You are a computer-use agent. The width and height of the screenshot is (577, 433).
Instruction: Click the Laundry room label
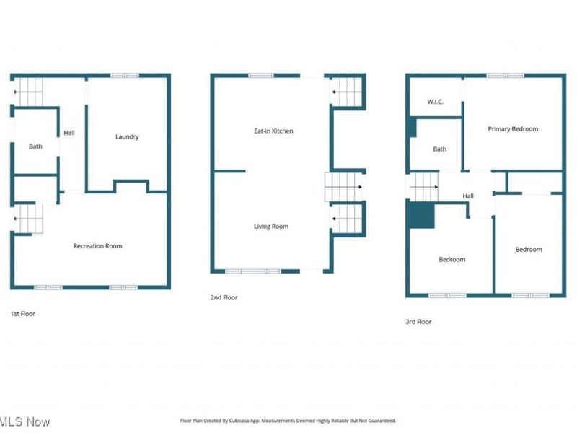coord(127,136)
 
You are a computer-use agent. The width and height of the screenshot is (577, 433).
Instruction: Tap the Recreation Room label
coord(97,246)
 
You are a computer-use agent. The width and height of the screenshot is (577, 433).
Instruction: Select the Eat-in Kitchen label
coord(273,131)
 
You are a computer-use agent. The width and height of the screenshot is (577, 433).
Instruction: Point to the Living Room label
coord(271,227)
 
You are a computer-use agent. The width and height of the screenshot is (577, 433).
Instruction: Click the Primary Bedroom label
coord(513,129)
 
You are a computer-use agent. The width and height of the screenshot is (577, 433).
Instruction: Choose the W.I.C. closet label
coord(435,102)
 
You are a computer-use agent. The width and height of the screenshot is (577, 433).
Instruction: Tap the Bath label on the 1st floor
coord(35,146)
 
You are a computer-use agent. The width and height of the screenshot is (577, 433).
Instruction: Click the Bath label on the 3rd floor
coord(440,149)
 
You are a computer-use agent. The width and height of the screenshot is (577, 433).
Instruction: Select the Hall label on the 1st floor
coord(69,133)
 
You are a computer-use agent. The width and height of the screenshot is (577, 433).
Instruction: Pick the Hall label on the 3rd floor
coord(468,196)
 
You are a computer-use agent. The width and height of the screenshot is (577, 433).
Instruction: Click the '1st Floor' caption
coord(23,314)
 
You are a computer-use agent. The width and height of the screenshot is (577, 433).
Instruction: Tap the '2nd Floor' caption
coord(224,297)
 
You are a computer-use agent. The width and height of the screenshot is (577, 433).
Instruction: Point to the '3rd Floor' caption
coord(418,321)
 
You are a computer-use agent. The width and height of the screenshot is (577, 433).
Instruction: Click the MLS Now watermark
coord(25,421)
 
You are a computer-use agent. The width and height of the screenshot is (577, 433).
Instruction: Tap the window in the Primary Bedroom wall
coord(506,76)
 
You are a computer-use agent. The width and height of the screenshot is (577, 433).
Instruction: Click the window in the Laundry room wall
coord(125,76)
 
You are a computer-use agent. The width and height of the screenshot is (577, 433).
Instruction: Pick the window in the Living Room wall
coord(253,271)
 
